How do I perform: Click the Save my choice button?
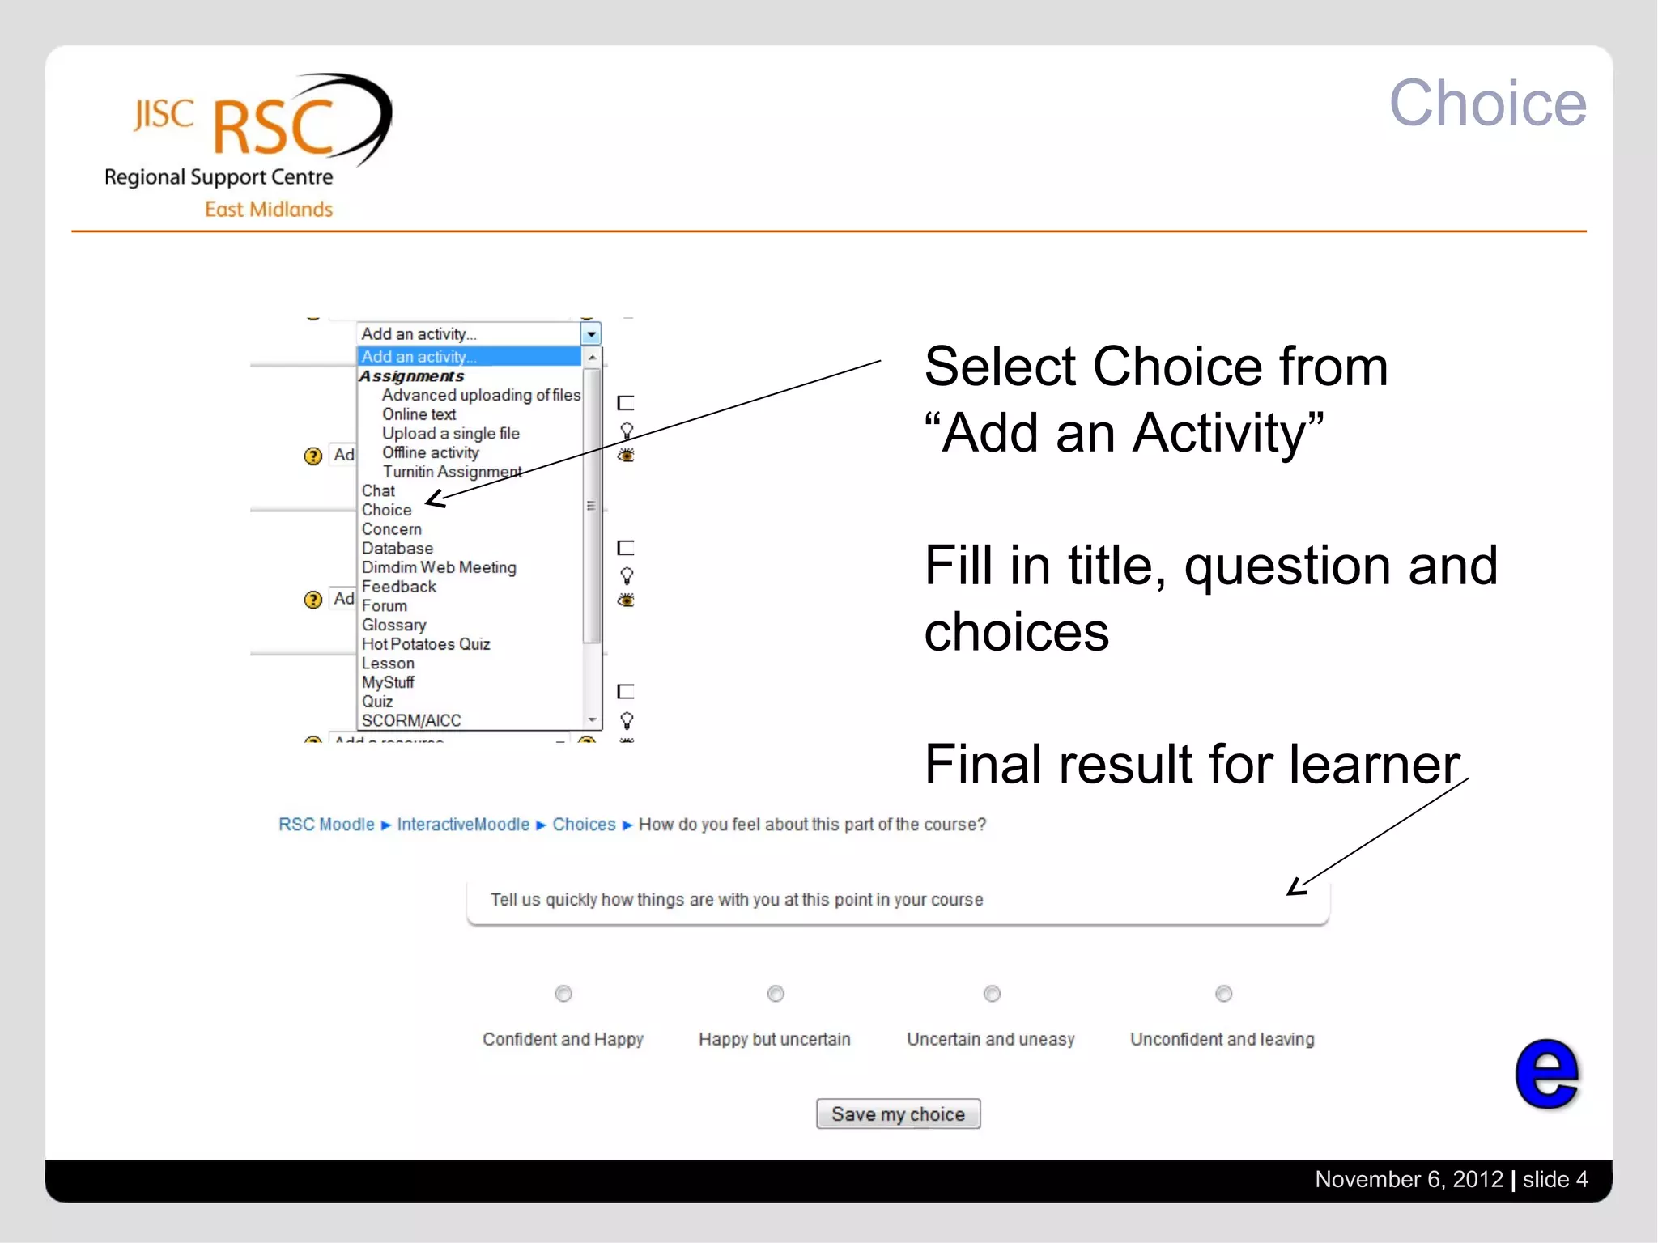[x=898, y=1114]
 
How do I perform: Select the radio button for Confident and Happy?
[x=563, y=993]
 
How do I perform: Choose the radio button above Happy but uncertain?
[x=776, y=993]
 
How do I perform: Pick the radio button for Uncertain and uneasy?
[x=992, y=993]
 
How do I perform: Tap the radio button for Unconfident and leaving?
[x=1223, y=993]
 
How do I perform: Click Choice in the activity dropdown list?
[x=387, y=510]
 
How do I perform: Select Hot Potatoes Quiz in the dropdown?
[x=426, y=644]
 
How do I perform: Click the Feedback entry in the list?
[x=399, y=587]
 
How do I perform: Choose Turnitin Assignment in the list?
[x=452, y=472]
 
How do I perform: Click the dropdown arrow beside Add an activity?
[x=591, y=333]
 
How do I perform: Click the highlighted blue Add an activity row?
[x=468, y=356]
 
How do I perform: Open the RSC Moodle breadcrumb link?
[x=326, y=825]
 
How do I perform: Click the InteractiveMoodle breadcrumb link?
[x=463, y=825]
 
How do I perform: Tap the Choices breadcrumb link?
[x=584, y=825]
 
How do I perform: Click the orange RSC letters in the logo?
[x=274, y=127]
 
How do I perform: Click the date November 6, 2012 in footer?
[x=1409, y=1179]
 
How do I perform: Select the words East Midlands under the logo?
[x=269, y=210]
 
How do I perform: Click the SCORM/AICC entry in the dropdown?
[x=411, y=720]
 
